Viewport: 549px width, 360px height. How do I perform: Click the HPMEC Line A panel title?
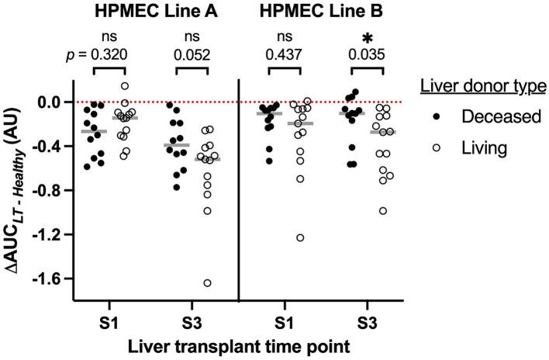click(146, 12)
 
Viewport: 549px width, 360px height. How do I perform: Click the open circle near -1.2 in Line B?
click(301, 237)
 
